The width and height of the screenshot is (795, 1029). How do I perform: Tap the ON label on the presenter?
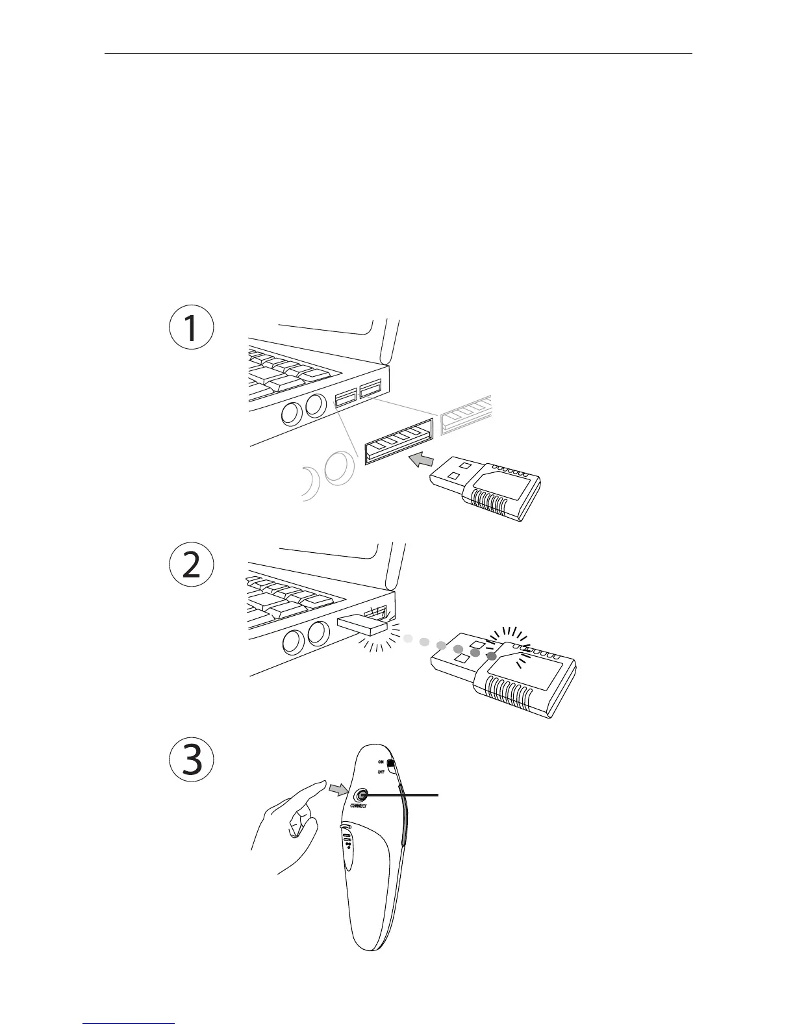(x=381, y=761)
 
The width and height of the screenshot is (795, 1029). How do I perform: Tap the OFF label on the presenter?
(x=381, y=772)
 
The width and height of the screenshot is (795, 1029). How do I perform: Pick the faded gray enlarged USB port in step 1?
(x=466, y=414)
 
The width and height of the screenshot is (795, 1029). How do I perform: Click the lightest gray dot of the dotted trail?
(x=408, y=639)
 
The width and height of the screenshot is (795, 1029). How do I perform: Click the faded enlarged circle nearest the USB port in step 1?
(x=340, y=470)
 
